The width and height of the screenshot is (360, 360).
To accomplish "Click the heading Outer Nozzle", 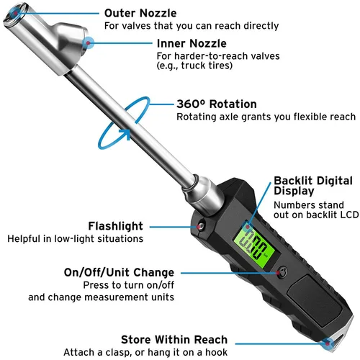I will click(x=140, y=13).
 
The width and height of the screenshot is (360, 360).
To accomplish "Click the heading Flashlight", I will click(x=115, y=225).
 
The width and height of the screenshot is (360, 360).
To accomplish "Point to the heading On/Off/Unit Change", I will click(x=120, y=272).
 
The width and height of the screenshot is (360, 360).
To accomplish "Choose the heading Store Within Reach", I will click(x=174, y=339).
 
